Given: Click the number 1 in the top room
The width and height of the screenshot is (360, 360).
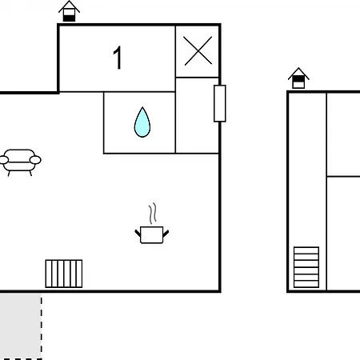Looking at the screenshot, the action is (x=118, y=58).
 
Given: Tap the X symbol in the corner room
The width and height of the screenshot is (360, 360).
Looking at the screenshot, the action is (x=198, y=51).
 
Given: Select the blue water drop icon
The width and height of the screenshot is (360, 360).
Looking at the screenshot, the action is (x=142, y=122).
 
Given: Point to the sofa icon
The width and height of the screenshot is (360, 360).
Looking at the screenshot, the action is (x=20, y=162).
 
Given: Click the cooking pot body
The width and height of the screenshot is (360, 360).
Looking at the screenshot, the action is (x=151, y=234).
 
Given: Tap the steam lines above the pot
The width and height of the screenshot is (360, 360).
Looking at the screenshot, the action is (x=153, y=214).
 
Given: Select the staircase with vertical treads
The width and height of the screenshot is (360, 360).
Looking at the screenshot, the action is (x=64, y=274).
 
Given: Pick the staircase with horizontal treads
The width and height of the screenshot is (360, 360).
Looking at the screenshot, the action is (x=306, y=267).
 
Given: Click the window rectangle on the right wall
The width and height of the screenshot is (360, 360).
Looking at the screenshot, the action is (x=220, y=103).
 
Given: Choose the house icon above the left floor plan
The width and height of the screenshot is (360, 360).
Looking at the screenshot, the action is (x=69, y=11).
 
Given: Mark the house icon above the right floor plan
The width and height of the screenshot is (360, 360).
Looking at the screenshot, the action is (x=298, y=78).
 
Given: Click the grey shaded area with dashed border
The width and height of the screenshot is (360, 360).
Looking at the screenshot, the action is (x=21, y=326).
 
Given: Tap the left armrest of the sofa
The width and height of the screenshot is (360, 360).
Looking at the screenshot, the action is (x=3, y=160).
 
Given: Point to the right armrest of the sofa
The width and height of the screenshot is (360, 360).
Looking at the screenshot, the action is (x=35, y=160).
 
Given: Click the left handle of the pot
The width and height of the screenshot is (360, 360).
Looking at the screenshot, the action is (x=138, y=233).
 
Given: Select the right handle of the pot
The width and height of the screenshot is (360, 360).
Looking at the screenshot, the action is (x=166, y=234).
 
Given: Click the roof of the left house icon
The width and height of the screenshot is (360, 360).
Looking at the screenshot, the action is (x=69, y=6).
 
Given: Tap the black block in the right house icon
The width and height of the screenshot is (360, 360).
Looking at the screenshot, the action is (x=298, y=79).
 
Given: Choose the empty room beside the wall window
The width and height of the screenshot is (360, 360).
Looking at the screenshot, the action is (x=197, y=115).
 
